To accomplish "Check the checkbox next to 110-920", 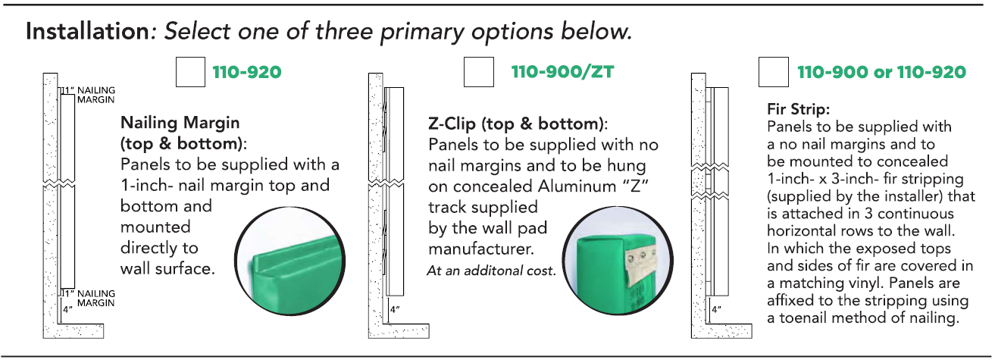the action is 190,72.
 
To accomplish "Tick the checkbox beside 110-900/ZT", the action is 478,72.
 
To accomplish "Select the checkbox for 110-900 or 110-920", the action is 774,72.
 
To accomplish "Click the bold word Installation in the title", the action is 87,32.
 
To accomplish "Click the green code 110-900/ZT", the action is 562,72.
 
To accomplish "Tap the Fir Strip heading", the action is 798,109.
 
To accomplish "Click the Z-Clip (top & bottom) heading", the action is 518,124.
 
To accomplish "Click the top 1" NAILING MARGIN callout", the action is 89,95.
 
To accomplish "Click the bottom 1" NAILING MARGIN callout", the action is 89,298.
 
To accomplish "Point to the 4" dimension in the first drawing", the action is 67,309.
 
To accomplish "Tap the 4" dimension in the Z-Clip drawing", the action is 395,310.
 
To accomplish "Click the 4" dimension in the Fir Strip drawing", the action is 716,310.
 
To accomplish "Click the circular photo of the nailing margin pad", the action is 289,261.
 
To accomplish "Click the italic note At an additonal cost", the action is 491,271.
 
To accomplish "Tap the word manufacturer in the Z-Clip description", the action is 481,249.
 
